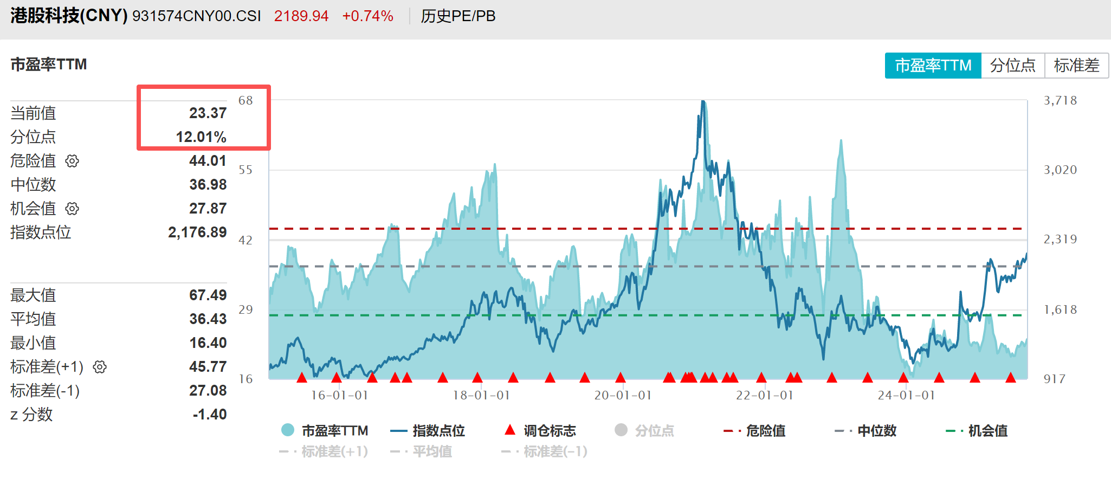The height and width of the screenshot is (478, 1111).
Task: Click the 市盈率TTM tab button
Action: point(933,66)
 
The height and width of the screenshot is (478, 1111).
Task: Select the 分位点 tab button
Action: point(1012,66)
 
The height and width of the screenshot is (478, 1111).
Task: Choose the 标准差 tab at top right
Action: point(1076,66)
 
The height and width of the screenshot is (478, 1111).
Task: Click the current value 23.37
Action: point(208,113)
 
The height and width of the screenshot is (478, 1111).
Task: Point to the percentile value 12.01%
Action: point(201,137)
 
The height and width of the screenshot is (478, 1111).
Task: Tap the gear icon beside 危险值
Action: point(72,161)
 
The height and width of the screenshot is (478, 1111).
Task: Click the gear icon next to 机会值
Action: point(72,209)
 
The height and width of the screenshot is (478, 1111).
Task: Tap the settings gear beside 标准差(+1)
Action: point(100,367)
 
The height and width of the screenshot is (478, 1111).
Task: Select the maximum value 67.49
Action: point(208,295)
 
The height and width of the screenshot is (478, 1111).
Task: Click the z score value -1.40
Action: point(209,414)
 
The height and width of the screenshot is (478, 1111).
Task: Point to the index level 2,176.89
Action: point(197,232)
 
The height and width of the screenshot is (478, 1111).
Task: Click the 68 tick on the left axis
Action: point(246,100)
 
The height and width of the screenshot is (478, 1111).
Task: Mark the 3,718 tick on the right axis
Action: point(1060,100)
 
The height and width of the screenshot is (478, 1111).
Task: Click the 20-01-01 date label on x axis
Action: point(623,395)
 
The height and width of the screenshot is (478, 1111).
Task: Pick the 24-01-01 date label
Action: point(906,395)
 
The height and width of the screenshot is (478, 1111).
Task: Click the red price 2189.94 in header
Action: point(301,16)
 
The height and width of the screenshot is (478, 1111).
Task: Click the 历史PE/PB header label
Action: point(458,16)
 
